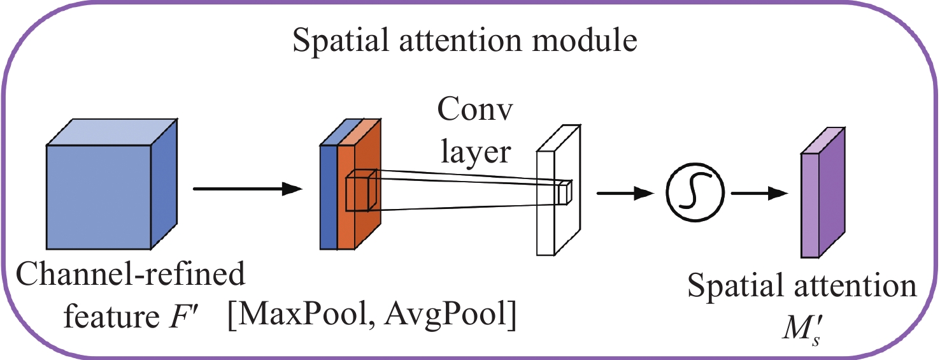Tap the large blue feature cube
(99, 198)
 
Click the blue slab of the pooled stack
(328, 198)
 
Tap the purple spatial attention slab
(822, 204)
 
